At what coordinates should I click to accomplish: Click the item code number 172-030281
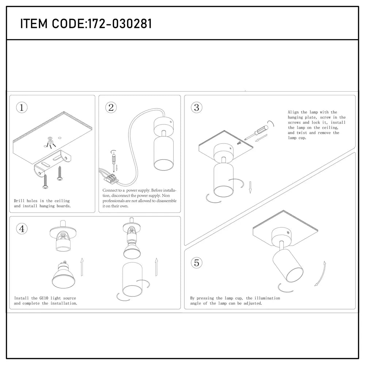(118, 24)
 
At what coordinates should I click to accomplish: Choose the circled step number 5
(197, 262)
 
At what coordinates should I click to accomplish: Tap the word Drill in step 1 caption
(20, 201)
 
